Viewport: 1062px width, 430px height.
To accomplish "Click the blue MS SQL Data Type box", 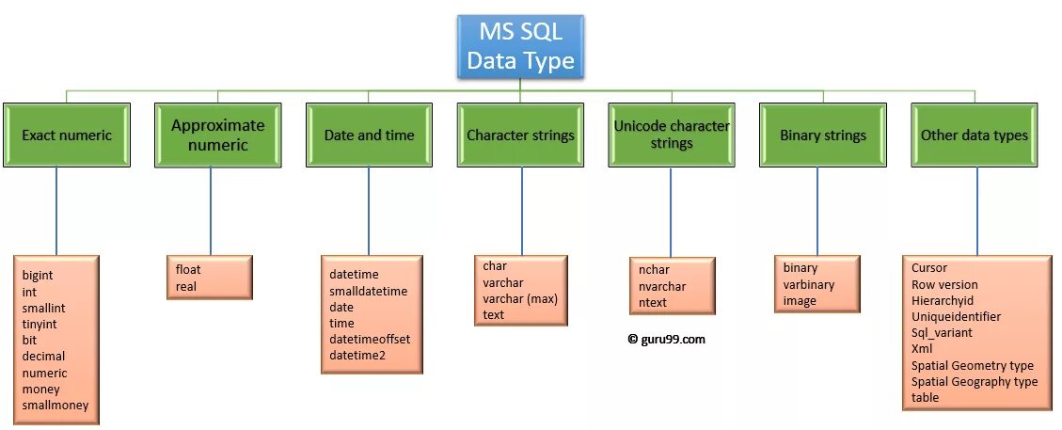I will pyautogui.click(x=520, y=47).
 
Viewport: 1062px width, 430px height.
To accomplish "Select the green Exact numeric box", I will pyautogui.click(x=66, y=135).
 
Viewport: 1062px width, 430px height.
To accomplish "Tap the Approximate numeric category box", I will pyautogui.click(x=217, y=135).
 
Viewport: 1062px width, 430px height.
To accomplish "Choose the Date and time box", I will pyautogui.click(x=369, y=135).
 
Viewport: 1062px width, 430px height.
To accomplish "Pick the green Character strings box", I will pyautogui.click(x=520, y=135).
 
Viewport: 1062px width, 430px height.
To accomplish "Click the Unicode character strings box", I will pyautogui.click(x=672, y=135).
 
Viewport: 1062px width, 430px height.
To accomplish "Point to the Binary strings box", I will pyautogui.click(x=823, y=135).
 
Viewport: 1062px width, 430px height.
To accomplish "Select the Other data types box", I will pyautogui.click(x=975, y=135).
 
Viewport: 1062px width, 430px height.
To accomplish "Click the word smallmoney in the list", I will pyautogui.click(x=56, y=406).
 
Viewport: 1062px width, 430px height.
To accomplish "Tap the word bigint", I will pyautogui.click(x=39, y=276).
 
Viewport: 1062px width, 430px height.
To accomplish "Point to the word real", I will pyautogui.click(x=186, y=286).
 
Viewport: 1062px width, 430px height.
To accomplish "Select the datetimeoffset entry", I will pyautogui.click(x=370, y=339).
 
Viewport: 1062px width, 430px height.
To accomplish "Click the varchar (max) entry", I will pyautogui.click(x=520, y=298).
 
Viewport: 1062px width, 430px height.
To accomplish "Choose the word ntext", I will pyautogui.click(x=653, y=302).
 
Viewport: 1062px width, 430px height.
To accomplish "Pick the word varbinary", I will pyautogui.click(x=809, y=285).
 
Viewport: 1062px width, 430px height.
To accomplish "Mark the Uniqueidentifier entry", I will pyautogui.click(x=956, y=317).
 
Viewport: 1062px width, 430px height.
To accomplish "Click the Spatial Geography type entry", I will pyautogui.click(x=975, y=382).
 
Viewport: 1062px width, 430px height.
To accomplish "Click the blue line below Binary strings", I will pyautogui.click(x=817, y=212).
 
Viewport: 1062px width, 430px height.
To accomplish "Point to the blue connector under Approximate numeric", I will pyautogui.click(x=211, y=212).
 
